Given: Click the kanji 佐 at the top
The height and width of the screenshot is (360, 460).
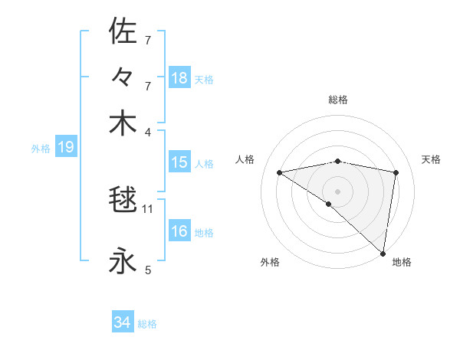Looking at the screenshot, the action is pyautogui.click(x=123, y=31).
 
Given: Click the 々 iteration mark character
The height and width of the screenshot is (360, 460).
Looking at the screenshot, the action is pyautogui.click(x=123, y=78).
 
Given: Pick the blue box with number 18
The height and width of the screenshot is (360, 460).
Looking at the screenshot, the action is pyautogui.click(x=179, y=77).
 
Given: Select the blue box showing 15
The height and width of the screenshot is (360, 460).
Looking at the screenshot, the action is pyautogui.click(x=179, y=162).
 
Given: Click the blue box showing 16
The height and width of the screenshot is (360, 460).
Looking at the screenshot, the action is pyautogui.click(x=179, y=231).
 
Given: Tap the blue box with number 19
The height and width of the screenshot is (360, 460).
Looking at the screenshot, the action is pyautogui.click(x=65, y=148).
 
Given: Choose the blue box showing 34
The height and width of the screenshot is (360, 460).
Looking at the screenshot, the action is pyautogui.click(x=123, y=323).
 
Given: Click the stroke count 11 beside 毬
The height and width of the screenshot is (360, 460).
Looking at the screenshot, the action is pyautogui.click(x=149, y=208).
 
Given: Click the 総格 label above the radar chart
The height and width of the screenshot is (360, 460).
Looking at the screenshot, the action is pyautogui.click(x=338, y=100).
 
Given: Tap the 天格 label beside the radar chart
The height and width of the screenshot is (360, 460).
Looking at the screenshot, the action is pyautogui.click(x=431, y=159).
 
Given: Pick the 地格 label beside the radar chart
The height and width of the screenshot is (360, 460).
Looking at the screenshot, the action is pyautogui.click(x=402, y=262).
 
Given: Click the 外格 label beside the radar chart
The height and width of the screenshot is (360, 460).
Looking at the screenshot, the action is pyautogui.click(x=270, y=262).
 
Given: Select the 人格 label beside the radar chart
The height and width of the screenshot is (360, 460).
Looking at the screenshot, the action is pyautogui.click(x=245, y=159).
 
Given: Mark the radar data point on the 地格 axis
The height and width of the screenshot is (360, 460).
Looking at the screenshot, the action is pyautogui.click(x=383, y=253).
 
